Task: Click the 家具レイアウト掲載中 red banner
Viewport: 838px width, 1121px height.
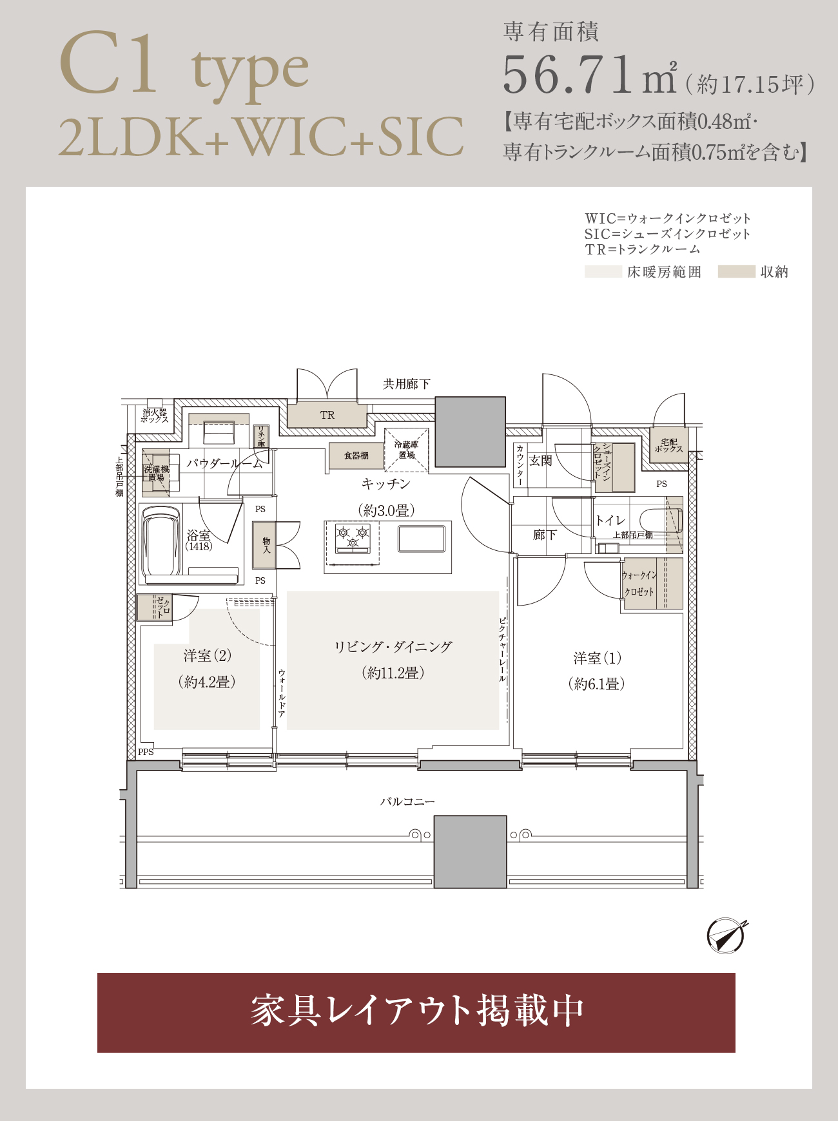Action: coord(416,1012)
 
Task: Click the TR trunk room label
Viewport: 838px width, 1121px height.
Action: coord(327,416)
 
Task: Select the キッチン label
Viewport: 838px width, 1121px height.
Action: coord(385,484)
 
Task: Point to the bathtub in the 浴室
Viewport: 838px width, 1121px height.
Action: coord(161,541)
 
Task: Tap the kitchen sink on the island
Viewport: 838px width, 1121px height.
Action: coord(422,539)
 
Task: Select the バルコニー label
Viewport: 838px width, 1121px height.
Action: coord(407,802)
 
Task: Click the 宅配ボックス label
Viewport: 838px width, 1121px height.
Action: coord(669,445)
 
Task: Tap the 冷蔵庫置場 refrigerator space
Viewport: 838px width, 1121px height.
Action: coord(407,450)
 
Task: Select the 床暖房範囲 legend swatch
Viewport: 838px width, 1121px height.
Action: coord(603,272)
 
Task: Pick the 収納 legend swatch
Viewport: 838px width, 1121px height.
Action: coord(736,272)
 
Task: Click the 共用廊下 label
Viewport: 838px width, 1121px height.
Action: coord(406,385)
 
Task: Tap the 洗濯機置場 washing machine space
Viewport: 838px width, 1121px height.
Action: coord(156,473)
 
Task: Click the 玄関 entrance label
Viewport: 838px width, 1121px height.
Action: coord(541,461)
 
